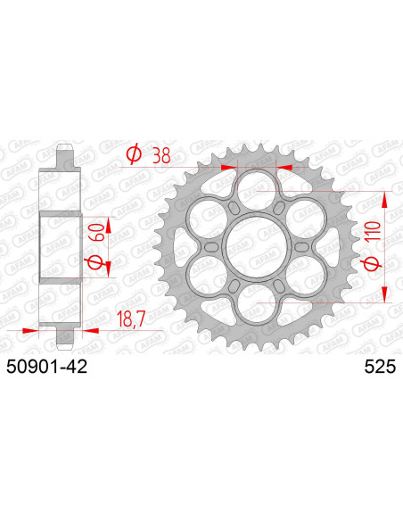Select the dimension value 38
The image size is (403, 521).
pyautogui.click(x=161, y=154)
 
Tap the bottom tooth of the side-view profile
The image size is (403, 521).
pyautogui.click(x=63, y=337)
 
